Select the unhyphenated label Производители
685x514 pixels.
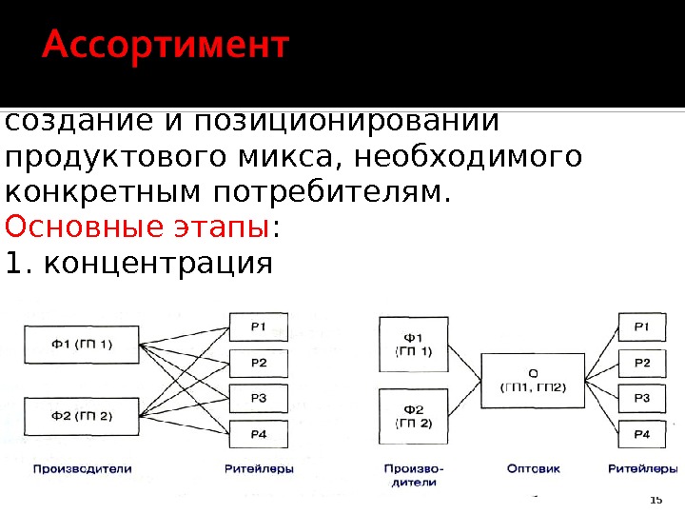(x=83, y=468)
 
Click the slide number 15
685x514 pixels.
(x=655, y=500)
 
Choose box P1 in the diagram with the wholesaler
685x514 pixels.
(x=642, y=328)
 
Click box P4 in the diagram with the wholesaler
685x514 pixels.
(x=642, y=434)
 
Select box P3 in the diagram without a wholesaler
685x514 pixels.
(x=258, y=398)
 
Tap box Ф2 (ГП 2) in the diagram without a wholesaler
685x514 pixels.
(x=82, y=415)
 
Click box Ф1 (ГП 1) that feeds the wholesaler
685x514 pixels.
(x=414, y=343)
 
